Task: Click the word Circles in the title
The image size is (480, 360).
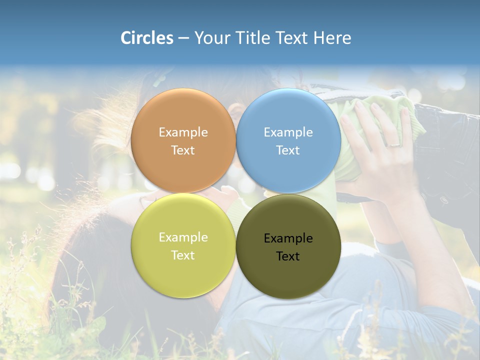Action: [146, 38]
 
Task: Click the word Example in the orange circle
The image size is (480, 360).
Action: [183, 132]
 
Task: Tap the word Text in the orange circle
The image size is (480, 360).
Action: [183, 150]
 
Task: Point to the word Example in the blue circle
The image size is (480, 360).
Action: [288, 132]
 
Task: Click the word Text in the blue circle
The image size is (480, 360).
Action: [288, 150]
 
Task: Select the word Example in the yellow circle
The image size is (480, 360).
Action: [183, 237]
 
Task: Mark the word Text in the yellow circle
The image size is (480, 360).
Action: [183, 255]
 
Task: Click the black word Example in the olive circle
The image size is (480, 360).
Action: [288, 238]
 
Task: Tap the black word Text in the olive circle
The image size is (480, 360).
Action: [288, 256]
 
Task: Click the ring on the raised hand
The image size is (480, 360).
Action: [394, 144]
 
